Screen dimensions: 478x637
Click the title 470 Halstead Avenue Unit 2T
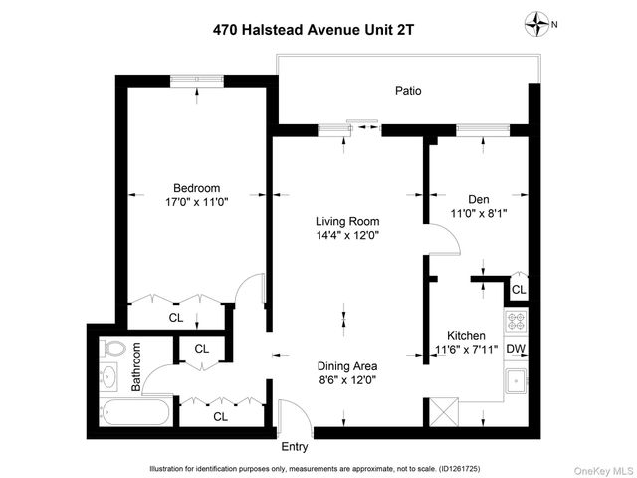314,29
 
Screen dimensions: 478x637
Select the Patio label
407,91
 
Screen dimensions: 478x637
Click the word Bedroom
196,188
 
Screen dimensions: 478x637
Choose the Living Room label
347,221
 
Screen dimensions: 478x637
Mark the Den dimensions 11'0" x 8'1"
472,213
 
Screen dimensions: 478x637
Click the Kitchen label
466,336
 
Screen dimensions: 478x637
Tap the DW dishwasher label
516,349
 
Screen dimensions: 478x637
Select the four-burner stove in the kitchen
516,321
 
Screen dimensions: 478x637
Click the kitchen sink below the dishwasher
516,381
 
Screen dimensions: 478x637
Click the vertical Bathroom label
137,366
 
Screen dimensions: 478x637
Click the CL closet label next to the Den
518,289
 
